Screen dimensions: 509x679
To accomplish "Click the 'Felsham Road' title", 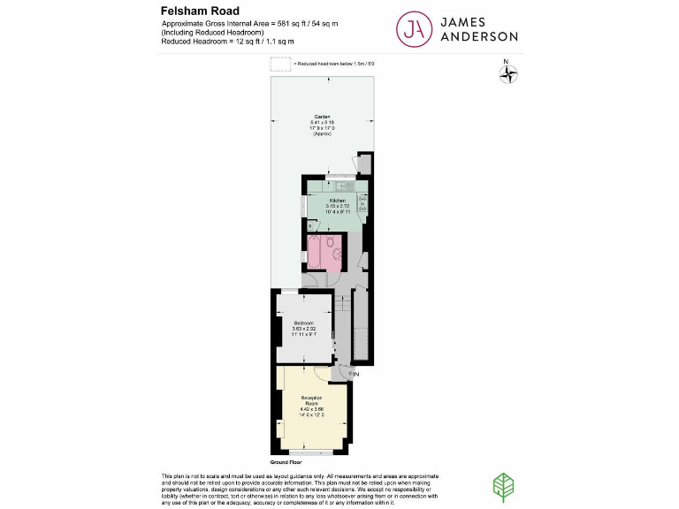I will point(200,11).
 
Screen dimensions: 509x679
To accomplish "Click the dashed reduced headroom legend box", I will point(280,65).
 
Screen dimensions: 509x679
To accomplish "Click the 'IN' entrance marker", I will point(355,375).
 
